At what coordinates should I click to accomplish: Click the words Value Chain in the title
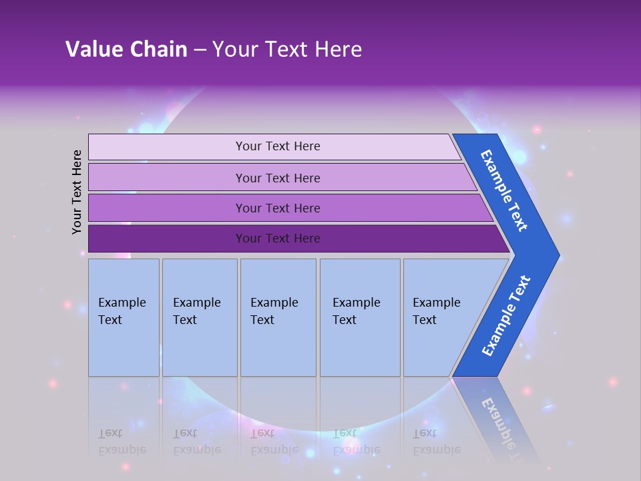coord(126,49)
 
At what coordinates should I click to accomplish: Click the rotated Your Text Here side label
coord(77,192)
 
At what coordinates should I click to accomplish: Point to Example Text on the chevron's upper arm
coord(505,190)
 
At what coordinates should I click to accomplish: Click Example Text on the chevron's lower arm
coord(506,316)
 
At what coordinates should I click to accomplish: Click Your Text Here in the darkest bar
coord(278,238)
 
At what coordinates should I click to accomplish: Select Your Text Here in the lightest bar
coord(278,146)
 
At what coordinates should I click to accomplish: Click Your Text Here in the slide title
coord(287,49)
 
